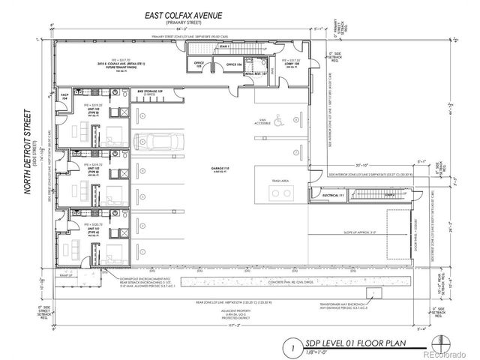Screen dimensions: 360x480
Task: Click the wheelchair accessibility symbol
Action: tap(277, 118)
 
